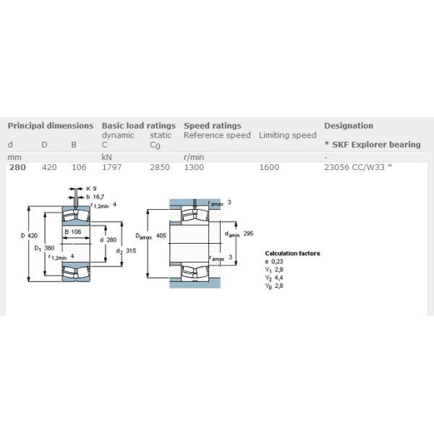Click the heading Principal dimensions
(51, 125)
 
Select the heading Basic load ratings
(138, 125)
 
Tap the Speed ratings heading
(213, 125)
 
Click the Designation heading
(349, 125)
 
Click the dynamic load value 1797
(112, 167)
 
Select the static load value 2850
(160, 167)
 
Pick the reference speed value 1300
(194, 167)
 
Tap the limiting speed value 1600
(268, 167)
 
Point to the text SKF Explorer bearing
(375, 145)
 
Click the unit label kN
(106, 156)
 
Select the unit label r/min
(193, 156)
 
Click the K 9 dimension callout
(92, 188)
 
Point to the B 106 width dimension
(72, 231)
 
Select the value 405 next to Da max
(162, 235)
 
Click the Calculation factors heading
(292, 253)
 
